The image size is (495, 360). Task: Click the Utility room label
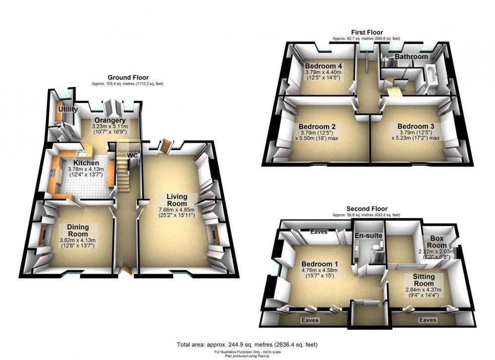(x=68, y=109)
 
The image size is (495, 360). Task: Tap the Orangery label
(x=110, y=120)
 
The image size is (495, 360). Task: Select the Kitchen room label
(x=86, y=163)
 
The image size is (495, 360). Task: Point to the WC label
(x=132, y=155)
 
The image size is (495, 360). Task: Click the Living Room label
(x=177, y=200)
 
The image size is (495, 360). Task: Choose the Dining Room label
(x=78, y=231)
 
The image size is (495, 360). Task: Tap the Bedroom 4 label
(x=324, y=66)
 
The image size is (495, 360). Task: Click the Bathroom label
(x=411, y=56)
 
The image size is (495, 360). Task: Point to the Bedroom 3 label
(x=416, y=126)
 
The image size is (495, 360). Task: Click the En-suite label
(x=368, y=236)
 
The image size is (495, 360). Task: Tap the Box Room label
(x=437, y=242)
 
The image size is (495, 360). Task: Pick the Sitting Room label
(x=424, y=280)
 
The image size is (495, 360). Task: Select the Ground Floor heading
(x=128, y=77)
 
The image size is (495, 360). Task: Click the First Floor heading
(x=367, y=32)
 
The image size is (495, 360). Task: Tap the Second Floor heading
(x=367, y=208)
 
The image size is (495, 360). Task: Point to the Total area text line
(x=247, y=345)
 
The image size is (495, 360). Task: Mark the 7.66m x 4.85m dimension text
(x=177, y=209)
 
